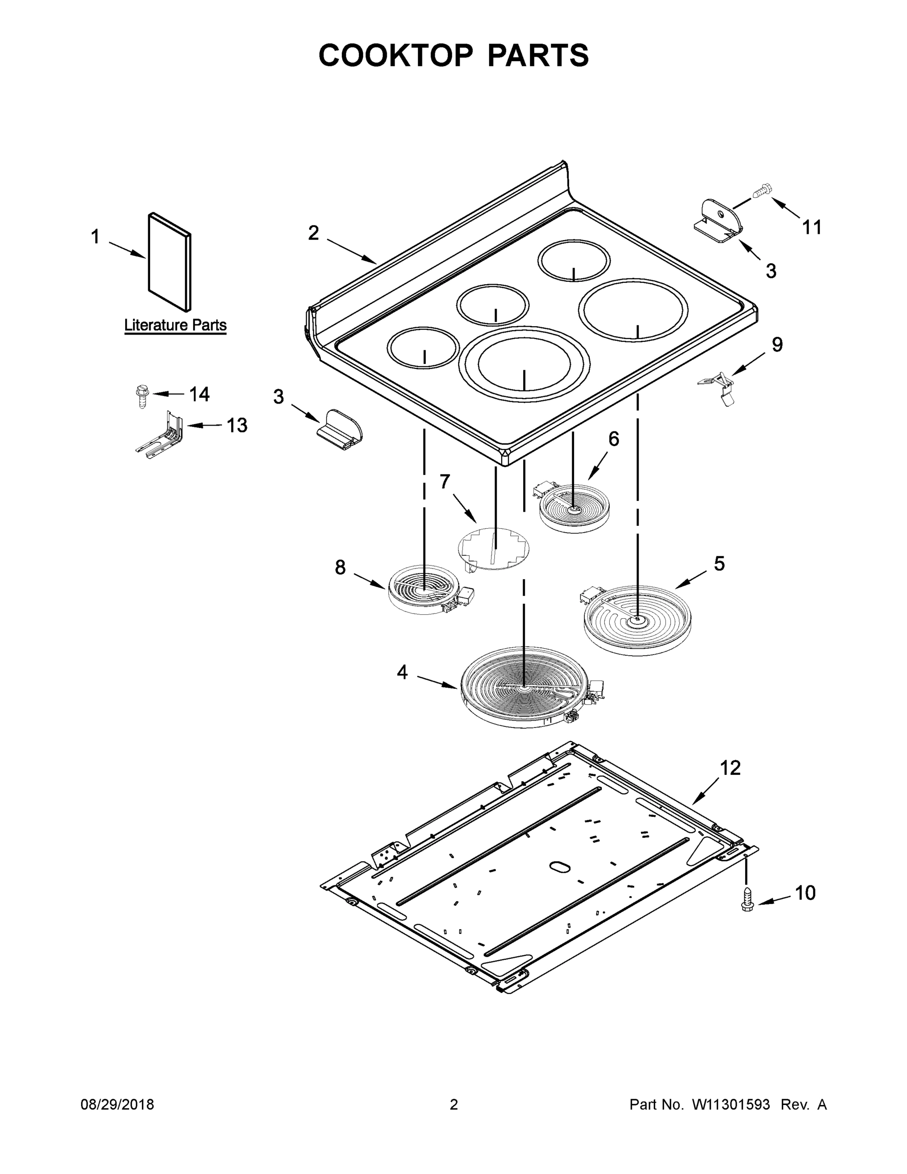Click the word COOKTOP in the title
pyautogui.click(x=396, y=55)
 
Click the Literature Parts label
pyautogui.click(x=175, y=325)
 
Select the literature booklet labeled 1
pyautogui.click(x=169, y=262)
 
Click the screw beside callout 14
pyautogui.click(x=141, y=397)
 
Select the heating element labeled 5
pyautogui.click(x=637, y=621)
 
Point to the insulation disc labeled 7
pyautogui.click(x=493, y=548)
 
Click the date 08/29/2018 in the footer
pyautogui.click(x=117, y=1105)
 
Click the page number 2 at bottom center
pyautogui.click(x=454, y=1105)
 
